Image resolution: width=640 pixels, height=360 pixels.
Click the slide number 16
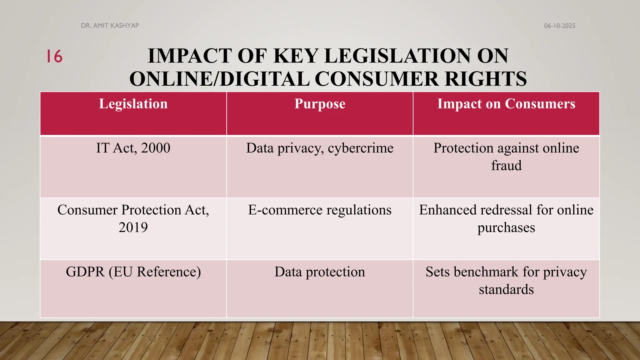(54, 57)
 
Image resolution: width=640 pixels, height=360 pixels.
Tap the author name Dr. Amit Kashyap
(110, 26)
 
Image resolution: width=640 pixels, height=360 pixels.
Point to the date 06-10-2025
(559, 26)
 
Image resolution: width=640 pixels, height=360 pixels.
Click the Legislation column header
(133, 104)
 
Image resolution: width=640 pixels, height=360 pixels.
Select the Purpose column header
(320, 104)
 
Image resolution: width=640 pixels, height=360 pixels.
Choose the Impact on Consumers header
(506, 104)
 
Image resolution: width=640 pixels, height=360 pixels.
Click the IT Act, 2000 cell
(133, 148)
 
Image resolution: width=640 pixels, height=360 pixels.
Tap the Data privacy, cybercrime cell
(320, 148)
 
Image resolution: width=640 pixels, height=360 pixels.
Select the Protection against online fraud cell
(506, 157)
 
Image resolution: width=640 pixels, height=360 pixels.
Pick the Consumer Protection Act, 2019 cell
(133, 218)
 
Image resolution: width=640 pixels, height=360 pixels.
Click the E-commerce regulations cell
(320, 210)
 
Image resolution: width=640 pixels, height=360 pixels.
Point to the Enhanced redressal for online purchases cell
(506, 218)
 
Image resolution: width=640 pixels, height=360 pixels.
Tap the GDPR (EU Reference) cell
(133, 272)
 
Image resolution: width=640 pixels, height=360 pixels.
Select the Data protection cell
(320, 272)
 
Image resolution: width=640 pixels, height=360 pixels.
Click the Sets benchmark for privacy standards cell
(506, 280)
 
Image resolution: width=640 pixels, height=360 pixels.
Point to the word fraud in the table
(506, 165)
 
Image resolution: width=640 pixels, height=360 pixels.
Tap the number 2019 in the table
(133, 227)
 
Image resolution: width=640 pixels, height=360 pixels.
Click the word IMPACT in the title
(189, 56)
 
